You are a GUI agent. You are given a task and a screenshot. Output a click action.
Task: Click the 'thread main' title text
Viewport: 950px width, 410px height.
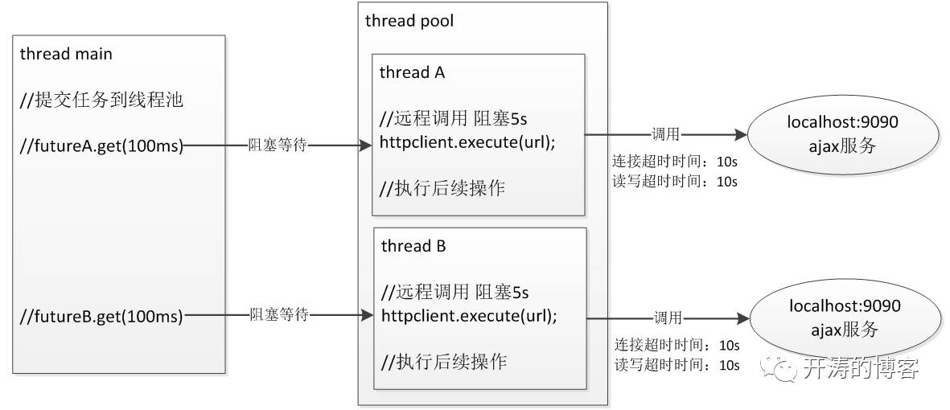coord(66,55)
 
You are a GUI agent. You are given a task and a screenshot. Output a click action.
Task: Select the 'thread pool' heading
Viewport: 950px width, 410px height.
coord(409,21)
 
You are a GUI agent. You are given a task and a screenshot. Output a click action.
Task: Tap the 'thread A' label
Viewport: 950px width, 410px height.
coord(412,72)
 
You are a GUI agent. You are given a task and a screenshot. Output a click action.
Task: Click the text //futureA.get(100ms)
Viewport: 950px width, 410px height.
coord(102,146)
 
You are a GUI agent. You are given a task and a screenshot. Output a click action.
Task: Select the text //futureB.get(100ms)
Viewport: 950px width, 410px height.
coord(102,315)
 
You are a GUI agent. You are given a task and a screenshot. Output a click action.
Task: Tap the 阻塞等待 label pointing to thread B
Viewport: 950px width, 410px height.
coord(279,314)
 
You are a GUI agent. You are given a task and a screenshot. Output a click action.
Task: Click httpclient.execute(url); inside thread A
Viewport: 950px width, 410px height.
coord(467,141)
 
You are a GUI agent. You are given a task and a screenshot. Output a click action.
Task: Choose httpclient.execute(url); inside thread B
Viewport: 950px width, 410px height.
coord(470,314)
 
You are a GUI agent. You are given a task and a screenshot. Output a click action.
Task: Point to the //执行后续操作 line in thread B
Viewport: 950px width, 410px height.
coord(444,361)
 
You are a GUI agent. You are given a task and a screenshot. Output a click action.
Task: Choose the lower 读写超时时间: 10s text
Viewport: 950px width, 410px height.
coord(677,365)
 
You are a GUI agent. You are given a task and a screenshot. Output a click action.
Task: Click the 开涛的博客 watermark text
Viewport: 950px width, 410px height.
coord(860,369)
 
